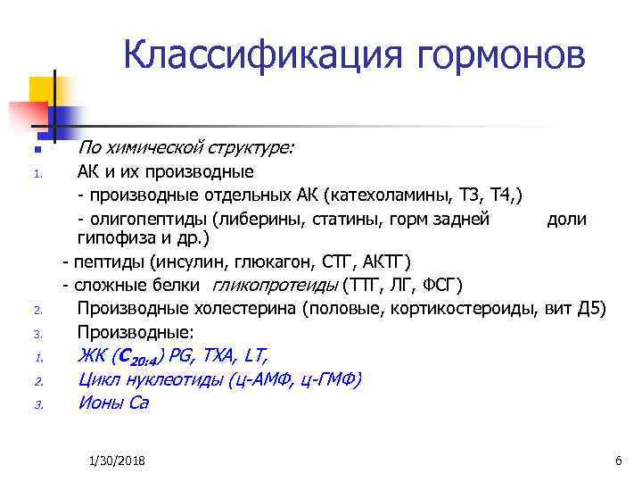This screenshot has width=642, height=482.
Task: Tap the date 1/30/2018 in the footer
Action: tap(118, 460)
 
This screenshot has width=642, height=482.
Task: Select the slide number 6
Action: tap(617, 460)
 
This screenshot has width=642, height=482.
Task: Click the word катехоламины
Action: tap(392, 195)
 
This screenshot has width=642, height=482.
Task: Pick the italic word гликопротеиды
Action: tap(276, 286)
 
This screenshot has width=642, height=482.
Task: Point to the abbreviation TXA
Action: tap(214, 355)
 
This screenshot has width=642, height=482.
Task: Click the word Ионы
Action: tap(101, 402)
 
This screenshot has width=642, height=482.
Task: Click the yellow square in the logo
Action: tap(42, 89)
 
